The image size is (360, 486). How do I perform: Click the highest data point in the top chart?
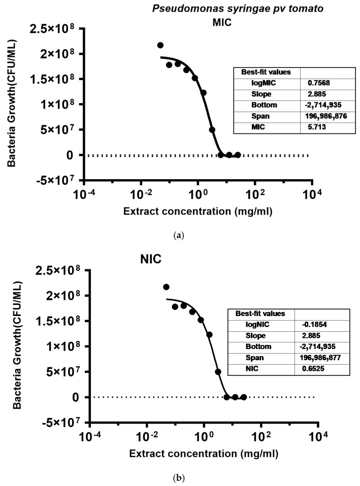[x=160, y=45]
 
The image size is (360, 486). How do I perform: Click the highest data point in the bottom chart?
[x=166, y=287]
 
